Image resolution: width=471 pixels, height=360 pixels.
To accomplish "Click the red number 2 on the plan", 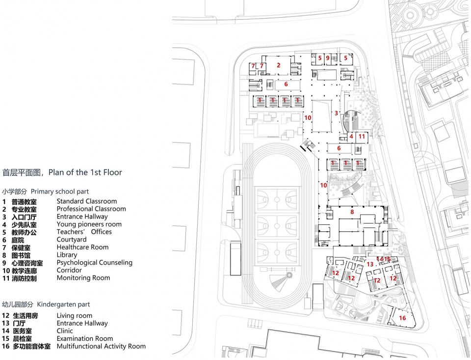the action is [x=279, y=65].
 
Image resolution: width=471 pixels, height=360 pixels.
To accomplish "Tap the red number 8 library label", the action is [x=352, y=212].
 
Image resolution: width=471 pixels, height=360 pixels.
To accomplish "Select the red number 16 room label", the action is [x=402, y=318].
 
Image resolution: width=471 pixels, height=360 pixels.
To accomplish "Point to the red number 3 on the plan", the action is [x=336, y=113].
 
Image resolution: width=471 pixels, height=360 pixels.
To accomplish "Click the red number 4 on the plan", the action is [x=351, y=137].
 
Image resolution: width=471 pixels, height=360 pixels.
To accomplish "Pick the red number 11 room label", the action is [x=362, y=137].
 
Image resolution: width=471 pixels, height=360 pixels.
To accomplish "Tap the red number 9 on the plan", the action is [x=328, y=58].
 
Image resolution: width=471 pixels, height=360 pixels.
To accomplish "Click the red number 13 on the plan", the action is [x=370, y=264].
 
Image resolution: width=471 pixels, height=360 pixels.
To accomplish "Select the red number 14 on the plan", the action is [x=380, y=259].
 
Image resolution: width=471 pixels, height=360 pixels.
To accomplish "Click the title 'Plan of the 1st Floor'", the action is [x=85, y=172].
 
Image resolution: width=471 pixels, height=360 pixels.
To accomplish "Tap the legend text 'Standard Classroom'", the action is [x=87, y=201].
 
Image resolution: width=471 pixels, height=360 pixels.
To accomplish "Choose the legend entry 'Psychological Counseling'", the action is [x=95, y=263].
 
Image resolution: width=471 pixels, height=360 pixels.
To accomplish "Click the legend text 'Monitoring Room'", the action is [x=83, y=278].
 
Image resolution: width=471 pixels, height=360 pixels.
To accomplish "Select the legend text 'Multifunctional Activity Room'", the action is [x=101, y=346].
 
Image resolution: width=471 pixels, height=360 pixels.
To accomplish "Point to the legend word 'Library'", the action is [x=67, y=255].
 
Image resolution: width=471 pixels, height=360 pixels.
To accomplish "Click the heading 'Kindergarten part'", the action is [x=63, y=305].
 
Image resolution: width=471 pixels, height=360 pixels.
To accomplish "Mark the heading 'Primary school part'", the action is [x=60, y=192].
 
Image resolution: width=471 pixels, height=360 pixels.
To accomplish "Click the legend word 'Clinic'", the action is [x=65, y=331].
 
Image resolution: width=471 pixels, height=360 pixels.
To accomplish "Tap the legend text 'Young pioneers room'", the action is [x=89, y=224].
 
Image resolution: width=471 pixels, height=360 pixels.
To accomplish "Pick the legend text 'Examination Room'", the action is [x=85, y=339].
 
